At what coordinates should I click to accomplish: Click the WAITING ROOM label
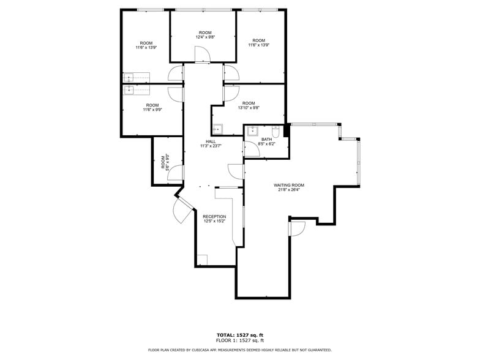(289, 185)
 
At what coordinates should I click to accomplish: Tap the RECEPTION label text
(214, 217)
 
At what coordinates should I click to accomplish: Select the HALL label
(211, 141)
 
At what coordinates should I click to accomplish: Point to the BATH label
(266, 139)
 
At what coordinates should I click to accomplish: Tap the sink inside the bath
(252, 130)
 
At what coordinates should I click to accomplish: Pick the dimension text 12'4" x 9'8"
(205, 37)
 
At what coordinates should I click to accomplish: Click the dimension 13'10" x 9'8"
(248, 108)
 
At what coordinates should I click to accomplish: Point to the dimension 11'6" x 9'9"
(152, 110)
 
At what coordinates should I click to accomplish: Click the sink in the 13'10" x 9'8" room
(218, 129)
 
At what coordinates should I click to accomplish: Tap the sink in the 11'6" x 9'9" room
(129, 91)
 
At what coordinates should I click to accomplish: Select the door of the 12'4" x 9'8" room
(202, 55)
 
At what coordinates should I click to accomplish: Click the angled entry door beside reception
(182, 210)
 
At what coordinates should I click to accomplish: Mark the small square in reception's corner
(202, 260)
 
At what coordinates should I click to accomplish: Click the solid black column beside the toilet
(286, 131)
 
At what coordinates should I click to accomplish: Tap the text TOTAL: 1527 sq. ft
(239, 335)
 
